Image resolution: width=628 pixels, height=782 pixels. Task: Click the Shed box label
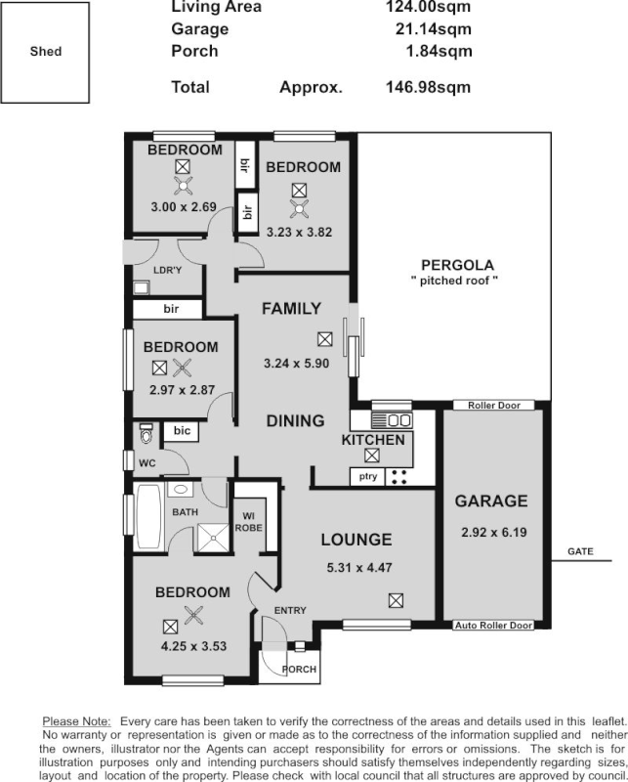(x=45, y=51)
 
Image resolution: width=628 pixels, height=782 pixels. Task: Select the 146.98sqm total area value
(x=429, y=87)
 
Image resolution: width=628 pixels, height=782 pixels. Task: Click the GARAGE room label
(x=492, y=501)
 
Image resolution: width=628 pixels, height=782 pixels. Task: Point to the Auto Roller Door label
(x=493, y=625)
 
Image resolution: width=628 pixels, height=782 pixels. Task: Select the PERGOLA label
(x=456, y=264)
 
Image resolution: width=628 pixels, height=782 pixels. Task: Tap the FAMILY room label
(x=291, y=309)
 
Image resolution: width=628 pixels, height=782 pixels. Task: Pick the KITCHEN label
(x=372, y=441)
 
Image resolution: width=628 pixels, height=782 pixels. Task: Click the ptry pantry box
(x=367, y=477)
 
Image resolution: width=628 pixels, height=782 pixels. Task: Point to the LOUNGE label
(x=356, y=539)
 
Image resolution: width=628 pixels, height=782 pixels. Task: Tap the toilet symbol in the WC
(x=147, y=432)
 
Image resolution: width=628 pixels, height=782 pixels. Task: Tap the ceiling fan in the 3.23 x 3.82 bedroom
(x=299, y=207)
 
